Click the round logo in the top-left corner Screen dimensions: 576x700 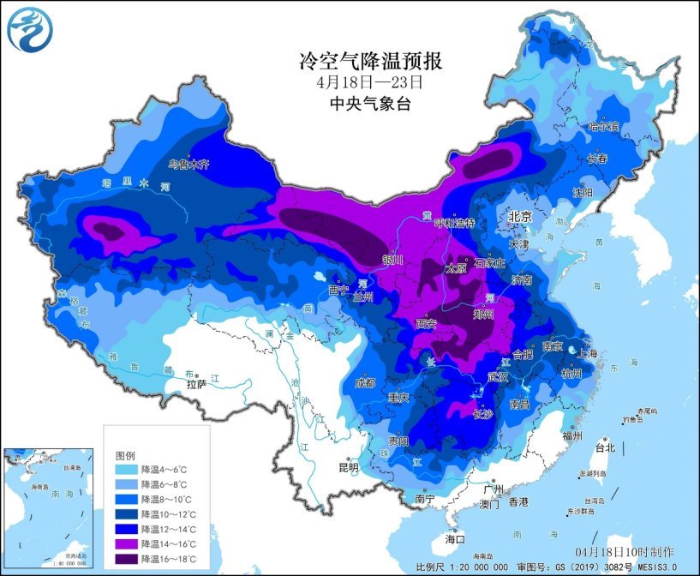29,29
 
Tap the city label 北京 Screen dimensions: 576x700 521,218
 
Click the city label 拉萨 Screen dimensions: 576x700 197,385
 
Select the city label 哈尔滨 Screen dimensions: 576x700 602,126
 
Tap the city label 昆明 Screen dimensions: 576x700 348,468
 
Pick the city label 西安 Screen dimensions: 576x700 427,324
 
